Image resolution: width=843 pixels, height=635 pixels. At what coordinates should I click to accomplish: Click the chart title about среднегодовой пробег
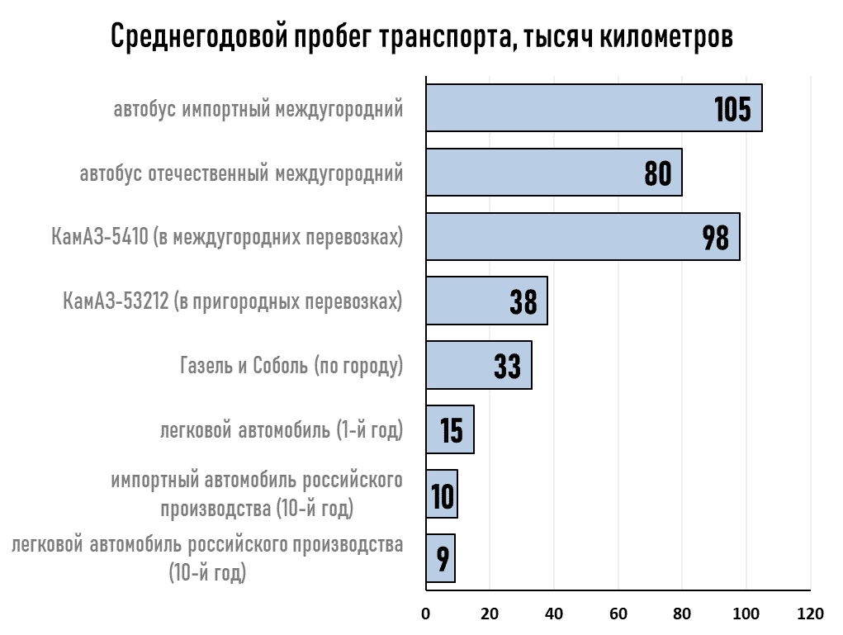(421, 36)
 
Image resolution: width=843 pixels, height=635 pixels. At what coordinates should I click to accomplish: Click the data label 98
(715, 238)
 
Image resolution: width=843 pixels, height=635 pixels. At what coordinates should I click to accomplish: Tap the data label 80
(657, 173)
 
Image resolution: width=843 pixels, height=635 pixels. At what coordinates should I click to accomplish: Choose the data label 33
(507, 366)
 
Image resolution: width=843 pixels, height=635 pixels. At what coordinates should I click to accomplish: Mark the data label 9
(443, 559)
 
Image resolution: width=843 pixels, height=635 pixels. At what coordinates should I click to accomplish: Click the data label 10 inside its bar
(443, 495)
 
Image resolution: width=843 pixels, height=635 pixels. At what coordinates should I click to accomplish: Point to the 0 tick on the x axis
(426, 614)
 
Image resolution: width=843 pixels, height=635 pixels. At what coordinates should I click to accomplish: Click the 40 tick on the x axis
(554, 614)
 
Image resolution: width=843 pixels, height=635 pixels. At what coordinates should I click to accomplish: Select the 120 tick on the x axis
(810, 614)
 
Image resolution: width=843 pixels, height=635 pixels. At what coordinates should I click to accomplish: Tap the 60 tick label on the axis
(618, 614)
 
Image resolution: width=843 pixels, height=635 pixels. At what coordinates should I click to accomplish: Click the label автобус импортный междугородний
(258, 109)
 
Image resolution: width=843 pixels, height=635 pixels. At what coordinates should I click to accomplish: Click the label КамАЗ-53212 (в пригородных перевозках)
(233, 301)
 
